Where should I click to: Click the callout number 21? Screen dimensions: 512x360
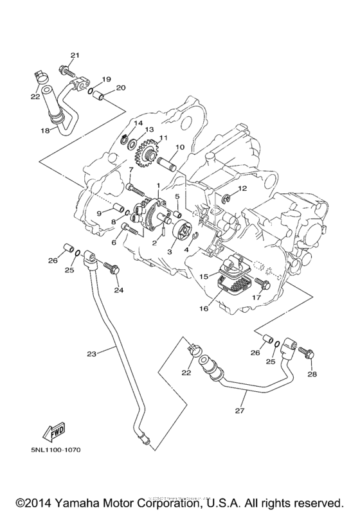pos(74,55)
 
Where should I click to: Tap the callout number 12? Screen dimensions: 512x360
pos(243,188)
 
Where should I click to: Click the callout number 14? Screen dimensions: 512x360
pos(138,123)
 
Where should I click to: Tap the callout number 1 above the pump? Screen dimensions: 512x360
pos(157,186)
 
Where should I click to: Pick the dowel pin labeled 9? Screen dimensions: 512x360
pos(118,209)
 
